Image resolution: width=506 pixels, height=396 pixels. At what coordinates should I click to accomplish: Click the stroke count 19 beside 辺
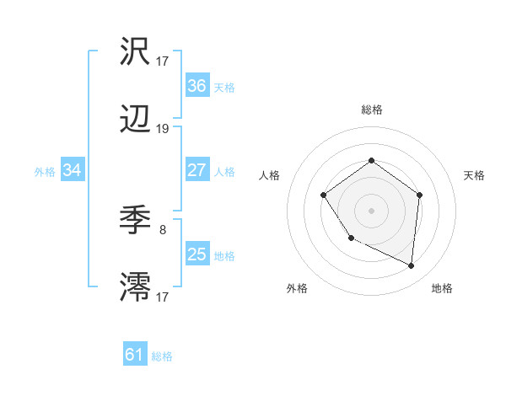coord(163,129)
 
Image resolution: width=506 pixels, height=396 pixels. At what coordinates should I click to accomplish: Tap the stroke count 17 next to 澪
coord(163,296)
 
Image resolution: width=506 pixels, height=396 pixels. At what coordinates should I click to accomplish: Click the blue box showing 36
coord(196,86)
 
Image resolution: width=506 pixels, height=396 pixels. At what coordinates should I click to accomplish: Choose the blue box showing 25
coord(196,254)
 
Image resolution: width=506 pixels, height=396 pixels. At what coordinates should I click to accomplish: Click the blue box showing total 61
coord(135,355)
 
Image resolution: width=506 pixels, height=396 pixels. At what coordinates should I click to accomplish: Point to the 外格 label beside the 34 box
coord(45,172)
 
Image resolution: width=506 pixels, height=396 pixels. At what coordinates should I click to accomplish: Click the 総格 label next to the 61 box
coord(162,356)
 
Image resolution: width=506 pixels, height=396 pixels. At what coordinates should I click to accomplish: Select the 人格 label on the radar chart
coord(270,175)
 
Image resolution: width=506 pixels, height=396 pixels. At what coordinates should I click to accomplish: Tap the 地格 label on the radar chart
coord(442,288)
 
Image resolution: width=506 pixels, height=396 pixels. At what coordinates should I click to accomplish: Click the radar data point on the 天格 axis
coord(420,195)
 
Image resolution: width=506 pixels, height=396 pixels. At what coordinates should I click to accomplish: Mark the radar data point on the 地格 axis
coord(412,266)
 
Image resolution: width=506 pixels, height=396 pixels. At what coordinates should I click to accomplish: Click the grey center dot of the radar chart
coord(371,210)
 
